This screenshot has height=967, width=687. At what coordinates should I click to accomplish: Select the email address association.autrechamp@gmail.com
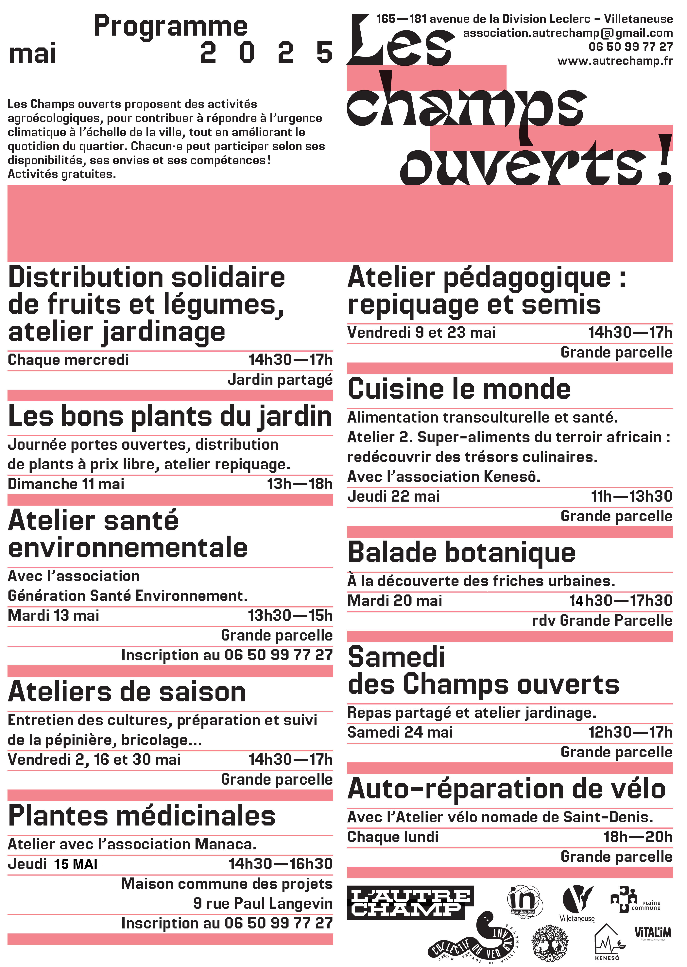[567, 33]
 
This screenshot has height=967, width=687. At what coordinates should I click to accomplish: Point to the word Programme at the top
[170, 26]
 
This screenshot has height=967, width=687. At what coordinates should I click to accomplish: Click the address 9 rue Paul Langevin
[263, 903]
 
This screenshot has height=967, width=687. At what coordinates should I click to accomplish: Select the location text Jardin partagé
[280, 380]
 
